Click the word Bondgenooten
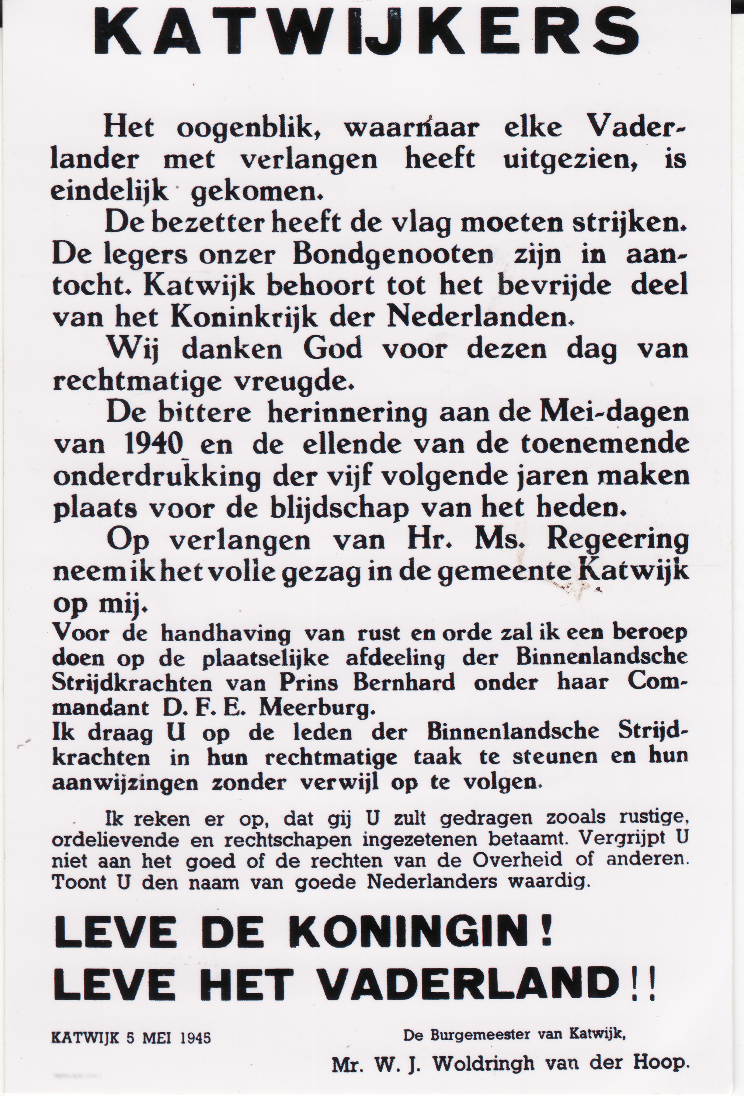[x=393, y=256]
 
